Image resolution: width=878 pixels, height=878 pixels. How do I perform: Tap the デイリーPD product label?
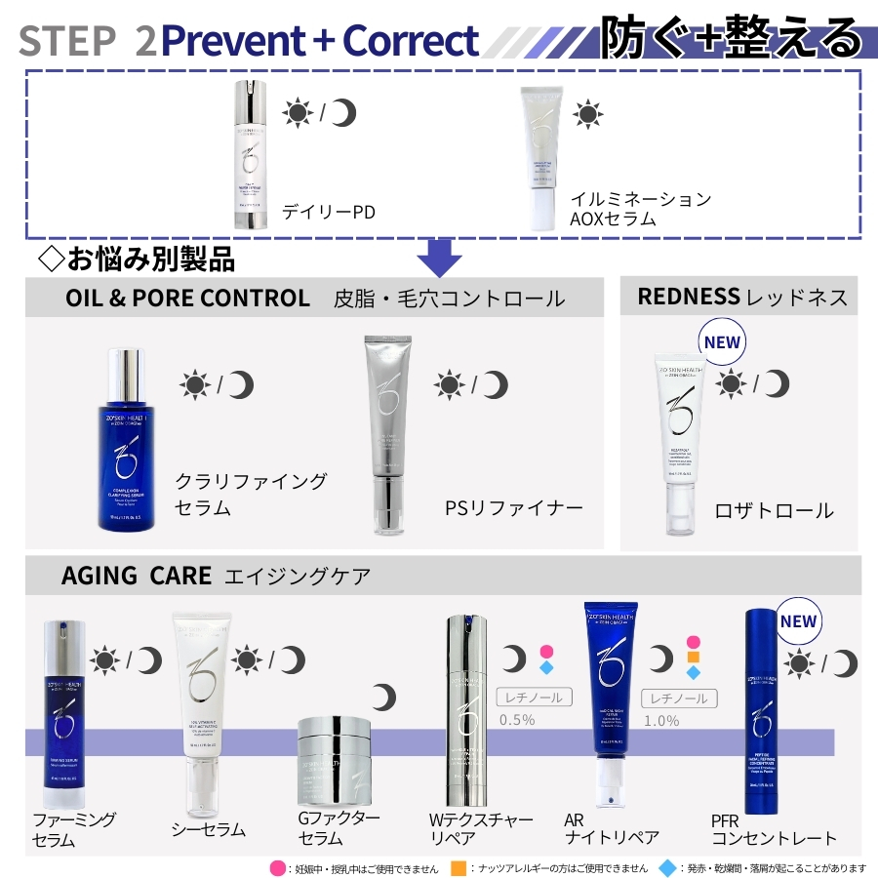pos(328,212)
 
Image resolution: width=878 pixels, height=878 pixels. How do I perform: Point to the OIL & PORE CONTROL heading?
pos(187,298)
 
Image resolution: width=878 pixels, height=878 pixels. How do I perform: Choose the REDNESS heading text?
pos(688,297)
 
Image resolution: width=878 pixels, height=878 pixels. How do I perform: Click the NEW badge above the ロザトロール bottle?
pos(722,342)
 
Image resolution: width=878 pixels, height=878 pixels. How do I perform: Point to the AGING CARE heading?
pos(136,576)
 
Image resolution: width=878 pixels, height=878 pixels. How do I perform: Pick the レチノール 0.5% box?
pos(533,698)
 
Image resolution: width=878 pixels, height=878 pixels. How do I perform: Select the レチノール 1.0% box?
pos(679,698)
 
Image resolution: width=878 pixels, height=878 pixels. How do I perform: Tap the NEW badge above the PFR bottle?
pos(798,621)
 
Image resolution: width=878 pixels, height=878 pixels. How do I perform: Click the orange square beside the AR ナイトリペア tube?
pos(693,658)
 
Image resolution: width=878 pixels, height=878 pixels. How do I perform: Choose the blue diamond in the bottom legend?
pos(667,867)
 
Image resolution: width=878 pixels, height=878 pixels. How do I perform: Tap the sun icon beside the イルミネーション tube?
pos(587,113)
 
